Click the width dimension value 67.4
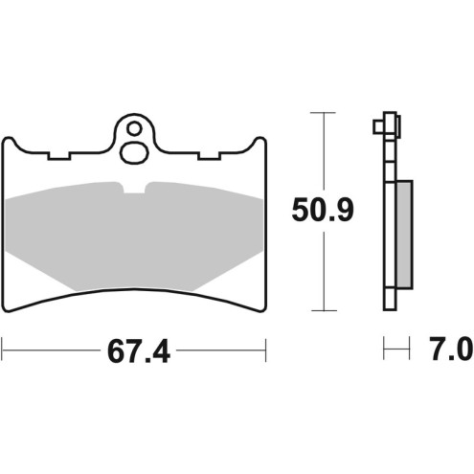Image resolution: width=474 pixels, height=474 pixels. [134, 352]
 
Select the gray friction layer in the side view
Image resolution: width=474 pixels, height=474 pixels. [404, 236]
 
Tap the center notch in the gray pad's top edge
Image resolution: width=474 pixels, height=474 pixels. [135, 186]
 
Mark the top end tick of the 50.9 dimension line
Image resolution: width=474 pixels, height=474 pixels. [326, 113]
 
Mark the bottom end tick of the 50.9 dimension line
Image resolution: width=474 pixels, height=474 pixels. [326, 311]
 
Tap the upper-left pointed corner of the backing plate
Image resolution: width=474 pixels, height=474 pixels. [7, 137]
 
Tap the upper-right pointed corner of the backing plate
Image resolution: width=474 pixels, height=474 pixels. [261, 137]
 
